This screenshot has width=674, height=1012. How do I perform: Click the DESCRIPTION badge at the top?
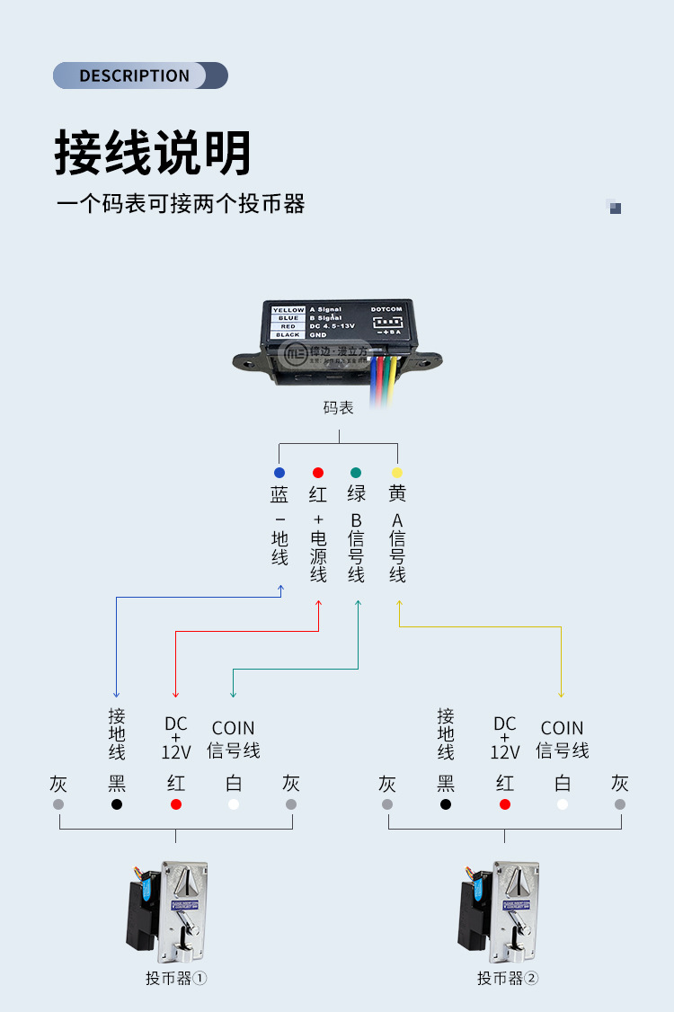tap(139, 75)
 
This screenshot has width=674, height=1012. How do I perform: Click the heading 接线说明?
tap(153, 152)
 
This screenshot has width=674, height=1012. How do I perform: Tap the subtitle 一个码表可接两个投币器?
tap(181, 203)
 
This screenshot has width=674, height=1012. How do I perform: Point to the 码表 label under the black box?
tap(339, 408)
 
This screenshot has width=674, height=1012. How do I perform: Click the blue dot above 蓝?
tap(279, 473)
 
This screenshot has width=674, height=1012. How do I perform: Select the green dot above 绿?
tap(357, 473)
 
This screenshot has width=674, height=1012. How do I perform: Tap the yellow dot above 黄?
tap(397, 473)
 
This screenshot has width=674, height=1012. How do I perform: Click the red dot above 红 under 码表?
tap(318, 473)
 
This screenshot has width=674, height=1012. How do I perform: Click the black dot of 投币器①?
tap(117, 804)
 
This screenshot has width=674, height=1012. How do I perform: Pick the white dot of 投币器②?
tap(563, 804)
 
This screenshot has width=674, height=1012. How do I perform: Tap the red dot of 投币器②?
tap(505, 804)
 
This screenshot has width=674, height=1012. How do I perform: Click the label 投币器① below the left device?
tap(176, 978)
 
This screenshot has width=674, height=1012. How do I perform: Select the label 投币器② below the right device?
tap(507, 978)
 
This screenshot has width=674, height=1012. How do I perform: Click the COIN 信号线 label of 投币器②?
tap(563, 739)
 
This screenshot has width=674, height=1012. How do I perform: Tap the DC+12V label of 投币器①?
tap(176, 738)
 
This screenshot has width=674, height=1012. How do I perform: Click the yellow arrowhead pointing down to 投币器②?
tap(561, 693)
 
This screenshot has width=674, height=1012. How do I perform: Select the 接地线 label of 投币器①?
tap(117, 733)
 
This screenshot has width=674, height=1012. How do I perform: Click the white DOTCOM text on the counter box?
tap(387, 309)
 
